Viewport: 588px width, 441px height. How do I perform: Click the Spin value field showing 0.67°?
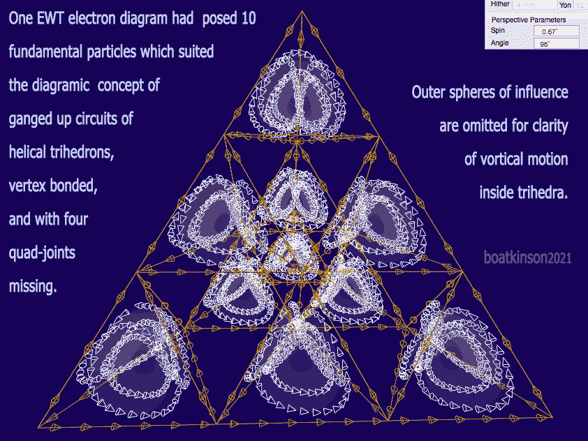pyautogui.click(x=555, y=31)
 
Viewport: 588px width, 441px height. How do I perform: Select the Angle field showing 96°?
pyautogui.click(x=555, y=43)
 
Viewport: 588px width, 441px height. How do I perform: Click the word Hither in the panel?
pyautogui.click(x=500, y=4)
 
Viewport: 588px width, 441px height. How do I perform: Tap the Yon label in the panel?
pyautogui.click(x=565, y=4)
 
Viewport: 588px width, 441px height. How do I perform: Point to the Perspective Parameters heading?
pyautogui.click(x=529, y=20)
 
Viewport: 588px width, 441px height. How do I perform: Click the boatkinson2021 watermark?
pyautogui.click(x=527, y=257)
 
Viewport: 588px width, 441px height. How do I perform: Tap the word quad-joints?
pyautogui.click(x=42, y=253)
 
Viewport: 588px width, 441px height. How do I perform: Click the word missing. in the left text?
pyautogui.click(x=32, y=286)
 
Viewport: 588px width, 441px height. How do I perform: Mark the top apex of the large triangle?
pyautogui.click(x=302, y=11)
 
